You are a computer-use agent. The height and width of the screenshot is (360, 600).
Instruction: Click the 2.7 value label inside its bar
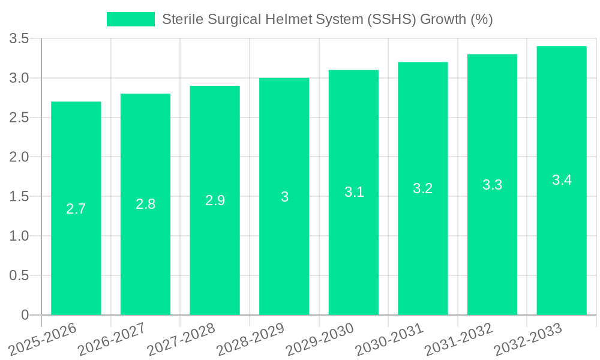pyautogui.click(x=76, y=209)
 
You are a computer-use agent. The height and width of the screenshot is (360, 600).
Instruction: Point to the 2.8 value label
pyautogui.click(x=146, y=204)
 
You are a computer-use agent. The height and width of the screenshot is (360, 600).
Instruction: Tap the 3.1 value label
pyautogui.click(x=354, y=192)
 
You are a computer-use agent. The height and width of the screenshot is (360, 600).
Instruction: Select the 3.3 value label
pyautogui.click(x=493, y=185)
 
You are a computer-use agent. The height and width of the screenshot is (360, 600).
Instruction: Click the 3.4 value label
pyautogui.click(x=562, y=180)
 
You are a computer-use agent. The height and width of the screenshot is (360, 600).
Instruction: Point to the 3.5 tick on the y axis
pyautogui.click(x=19, y=39)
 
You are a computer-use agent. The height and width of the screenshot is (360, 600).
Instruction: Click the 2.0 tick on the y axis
pyautogui.click(x=19, y=157)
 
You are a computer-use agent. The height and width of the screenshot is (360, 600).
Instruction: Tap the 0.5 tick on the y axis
pyautogui.click(x=19, y=275)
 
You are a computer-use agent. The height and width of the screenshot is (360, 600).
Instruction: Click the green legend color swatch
pyautogui.click(x=131, y=19)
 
